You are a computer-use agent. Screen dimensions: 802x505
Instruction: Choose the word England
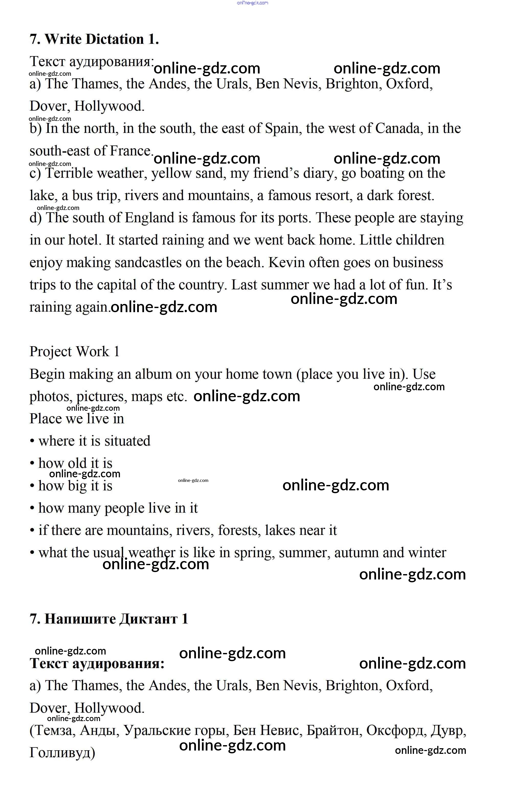coord(149,218)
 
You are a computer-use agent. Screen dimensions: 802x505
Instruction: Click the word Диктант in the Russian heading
coord(148,619)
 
